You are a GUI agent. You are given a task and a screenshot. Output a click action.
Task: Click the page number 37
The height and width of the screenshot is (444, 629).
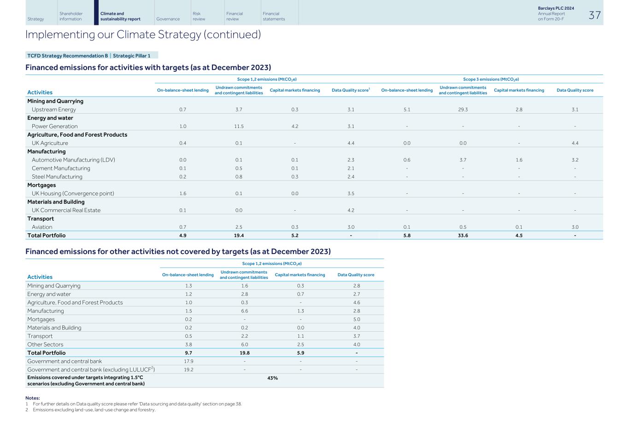coord(594,15)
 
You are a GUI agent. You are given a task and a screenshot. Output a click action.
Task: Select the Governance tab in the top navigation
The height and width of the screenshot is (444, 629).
coord(168,19)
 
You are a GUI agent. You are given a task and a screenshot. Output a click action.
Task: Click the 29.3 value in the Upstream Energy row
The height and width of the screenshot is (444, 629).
coord(463,110)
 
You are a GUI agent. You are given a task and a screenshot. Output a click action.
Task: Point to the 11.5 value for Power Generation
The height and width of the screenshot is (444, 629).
coord(238,126)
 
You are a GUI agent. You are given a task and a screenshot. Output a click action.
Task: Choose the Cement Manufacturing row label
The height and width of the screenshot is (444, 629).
coord(61,168)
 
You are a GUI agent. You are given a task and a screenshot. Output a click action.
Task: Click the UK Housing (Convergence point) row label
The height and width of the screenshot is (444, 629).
coord(73,193)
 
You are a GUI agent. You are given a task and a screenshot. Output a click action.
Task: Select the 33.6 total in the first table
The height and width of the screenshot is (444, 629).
coord(463,235)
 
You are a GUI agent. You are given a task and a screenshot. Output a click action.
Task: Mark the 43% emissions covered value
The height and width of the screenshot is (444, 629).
coord(272,378)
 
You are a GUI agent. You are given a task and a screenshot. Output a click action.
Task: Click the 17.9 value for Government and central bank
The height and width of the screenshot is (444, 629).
coord(188,361)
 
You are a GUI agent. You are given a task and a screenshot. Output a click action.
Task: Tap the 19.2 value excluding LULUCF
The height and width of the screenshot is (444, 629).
coord(188,369)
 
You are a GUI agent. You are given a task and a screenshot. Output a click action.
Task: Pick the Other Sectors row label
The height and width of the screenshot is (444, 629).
coord(45,345)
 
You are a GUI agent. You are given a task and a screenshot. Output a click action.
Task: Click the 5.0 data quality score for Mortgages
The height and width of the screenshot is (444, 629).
coord(356,319)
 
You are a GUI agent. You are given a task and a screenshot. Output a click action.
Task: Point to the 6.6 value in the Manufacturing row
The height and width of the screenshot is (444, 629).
coord(244,311)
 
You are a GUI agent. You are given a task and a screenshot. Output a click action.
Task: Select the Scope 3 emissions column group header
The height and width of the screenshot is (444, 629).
coord(491,79)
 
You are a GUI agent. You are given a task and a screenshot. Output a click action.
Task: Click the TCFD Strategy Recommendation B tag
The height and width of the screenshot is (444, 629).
coord(67,56)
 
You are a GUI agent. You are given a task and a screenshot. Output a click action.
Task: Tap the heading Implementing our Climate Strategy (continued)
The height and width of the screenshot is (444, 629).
coord(143,35)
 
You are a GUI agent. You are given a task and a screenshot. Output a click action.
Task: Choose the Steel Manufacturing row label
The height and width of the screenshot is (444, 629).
coord(57,177)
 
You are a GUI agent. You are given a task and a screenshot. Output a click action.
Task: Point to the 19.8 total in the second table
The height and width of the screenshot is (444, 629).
coord(244,353)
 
